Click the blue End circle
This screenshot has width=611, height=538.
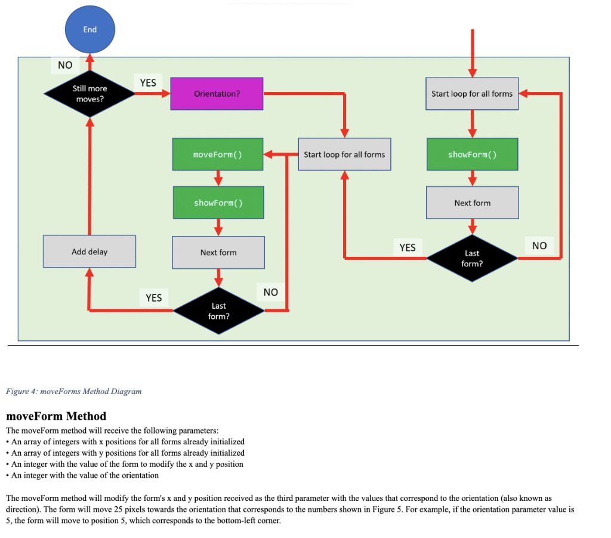pos(89,29)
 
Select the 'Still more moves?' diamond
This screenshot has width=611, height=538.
pos(90,94)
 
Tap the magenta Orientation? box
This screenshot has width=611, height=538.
pos(217,94)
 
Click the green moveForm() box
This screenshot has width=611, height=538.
pos(218,155)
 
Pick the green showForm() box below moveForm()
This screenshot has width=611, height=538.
pos(218,203)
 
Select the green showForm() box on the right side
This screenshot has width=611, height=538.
pos(471,155)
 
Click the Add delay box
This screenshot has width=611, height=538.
pos(90,252)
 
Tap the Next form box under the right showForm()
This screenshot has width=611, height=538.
pos(472,203)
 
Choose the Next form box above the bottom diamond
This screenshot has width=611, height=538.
pos(218,253)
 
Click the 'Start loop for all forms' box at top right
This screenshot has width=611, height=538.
pos(471,94)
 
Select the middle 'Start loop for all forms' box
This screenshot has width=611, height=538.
pos(344,155)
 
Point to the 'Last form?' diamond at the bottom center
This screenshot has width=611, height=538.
pos(218,310)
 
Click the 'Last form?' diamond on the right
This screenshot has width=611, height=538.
pos(471,258)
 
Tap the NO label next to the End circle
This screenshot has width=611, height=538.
pos(64,65)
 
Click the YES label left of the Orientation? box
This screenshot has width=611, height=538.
pos(148,83)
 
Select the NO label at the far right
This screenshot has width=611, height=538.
pos(539,245)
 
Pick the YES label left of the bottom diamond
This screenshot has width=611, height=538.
pos(154,297)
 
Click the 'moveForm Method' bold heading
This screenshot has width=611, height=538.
pos(56,416)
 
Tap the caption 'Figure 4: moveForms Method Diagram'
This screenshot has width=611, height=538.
pos(73,391)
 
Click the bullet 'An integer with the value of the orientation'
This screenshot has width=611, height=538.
pos(85,475)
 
